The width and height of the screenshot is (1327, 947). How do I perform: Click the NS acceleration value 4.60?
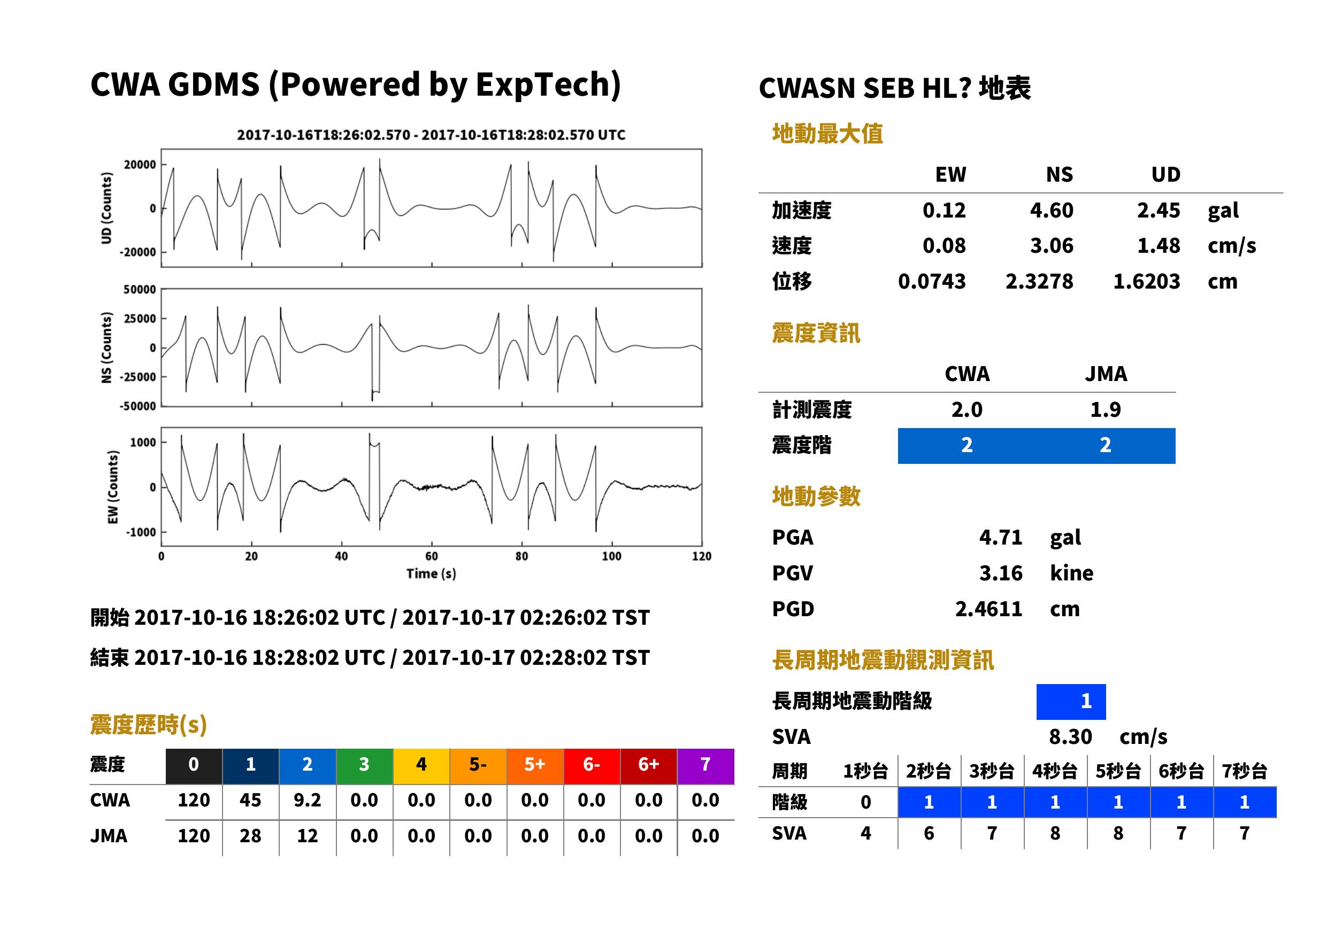1051,210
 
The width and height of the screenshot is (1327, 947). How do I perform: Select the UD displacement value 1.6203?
1146,282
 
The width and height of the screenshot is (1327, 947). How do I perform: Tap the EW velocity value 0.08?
944,245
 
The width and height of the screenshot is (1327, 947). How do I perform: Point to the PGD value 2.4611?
988,609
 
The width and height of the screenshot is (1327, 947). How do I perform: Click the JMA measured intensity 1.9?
1105,409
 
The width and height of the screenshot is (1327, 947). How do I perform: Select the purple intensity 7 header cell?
705,766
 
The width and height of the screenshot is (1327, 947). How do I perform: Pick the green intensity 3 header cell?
364,766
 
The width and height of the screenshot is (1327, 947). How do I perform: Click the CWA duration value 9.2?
308,800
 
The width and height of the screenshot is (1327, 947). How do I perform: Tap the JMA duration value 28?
250,836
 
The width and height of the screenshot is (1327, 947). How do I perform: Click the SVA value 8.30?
1070,736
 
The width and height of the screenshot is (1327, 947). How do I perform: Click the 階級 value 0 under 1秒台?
866,802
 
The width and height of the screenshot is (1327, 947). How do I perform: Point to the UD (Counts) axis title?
106,208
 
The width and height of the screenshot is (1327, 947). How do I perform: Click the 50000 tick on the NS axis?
140,289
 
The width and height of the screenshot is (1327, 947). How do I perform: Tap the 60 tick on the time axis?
431,556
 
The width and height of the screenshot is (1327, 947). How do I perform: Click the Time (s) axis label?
431,574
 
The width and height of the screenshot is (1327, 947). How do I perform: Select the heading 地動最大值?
827,134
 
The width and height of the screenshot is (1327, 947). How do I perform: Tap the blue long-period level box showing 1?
1071,702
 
